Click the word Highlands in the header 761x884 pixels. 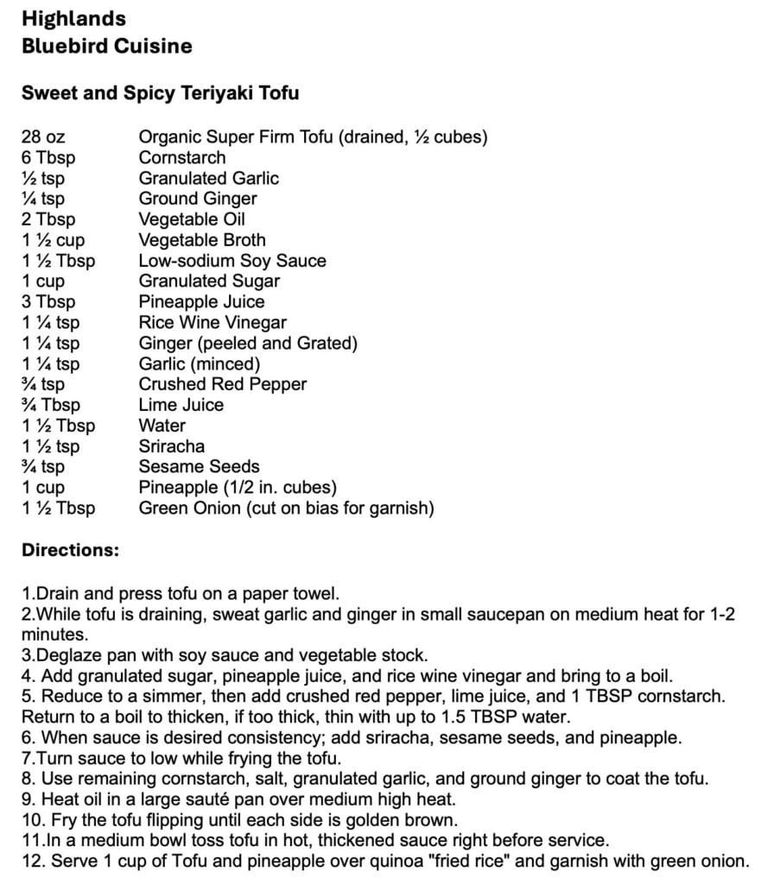[x=73, y=18]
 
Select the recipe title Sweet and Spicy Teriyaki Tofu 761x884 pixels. [x=160, y=93]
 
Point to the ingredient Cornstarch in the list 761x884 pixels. [x=182, y=157]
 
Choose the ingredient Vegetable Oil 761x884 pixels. [x=193, y=219]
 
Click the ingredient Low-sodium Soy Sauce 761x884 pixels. [x=232, y=261]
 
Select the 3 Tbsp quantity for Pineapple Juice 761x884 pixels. [x=48, y=301]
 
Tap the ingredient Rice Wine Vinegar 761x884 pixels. [x=212, y=323]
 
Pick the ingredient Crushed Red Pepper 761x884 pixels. [x=223, y=384]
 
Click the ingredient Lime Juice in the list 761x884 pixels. [x=181, y=405]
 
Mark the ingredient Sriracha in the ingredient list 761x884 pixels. [x=172, y=446]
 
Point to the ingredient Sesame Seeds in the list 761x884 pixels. [x=199, y=467]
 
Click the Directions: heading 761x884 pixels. [x=71, y=550]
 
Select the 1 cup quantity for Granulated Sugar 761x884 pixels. [x=43, y=281]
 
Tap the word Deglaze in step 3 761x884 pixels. [x=68, y=655]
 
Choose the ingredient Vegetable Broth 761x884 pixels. [x=202, y=240]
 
